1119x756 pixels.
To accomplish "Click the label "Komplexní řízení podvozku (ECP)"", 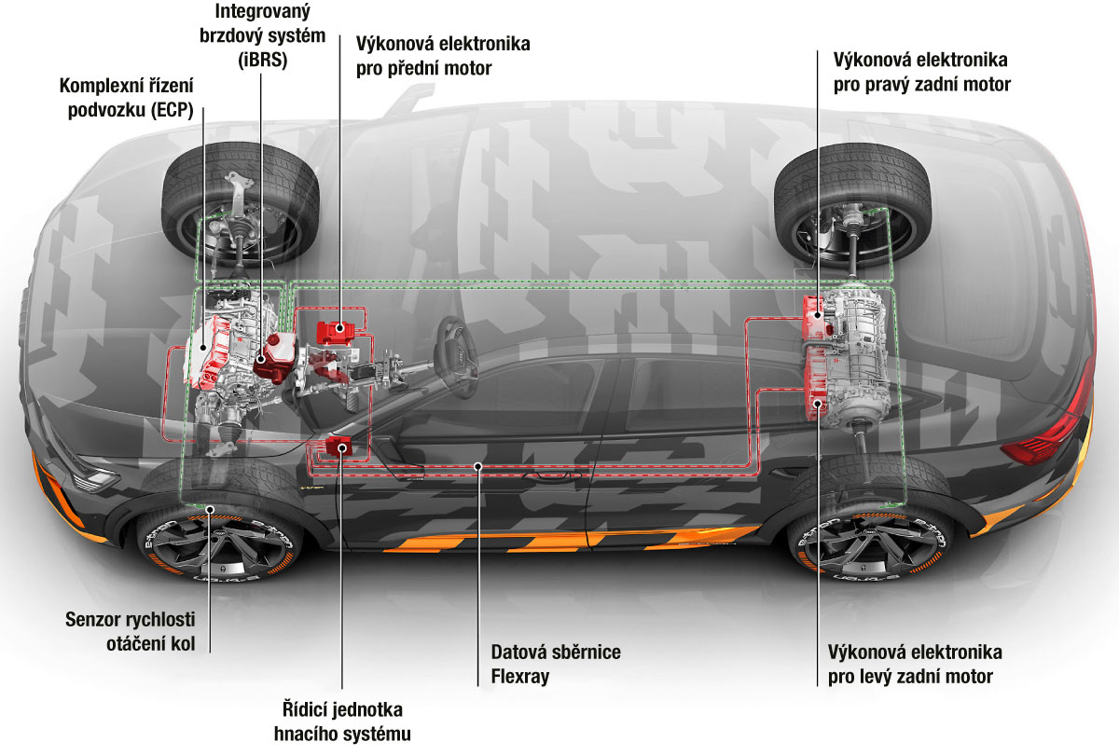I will [126, 97].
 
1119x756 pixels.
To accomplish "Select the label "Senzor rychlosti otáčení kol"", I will [130, 631].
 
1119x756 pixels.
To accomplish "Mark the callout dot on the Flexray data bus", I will [477, 463].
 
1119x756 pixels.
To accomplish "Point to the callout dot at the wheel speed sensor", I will [211, 509].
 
